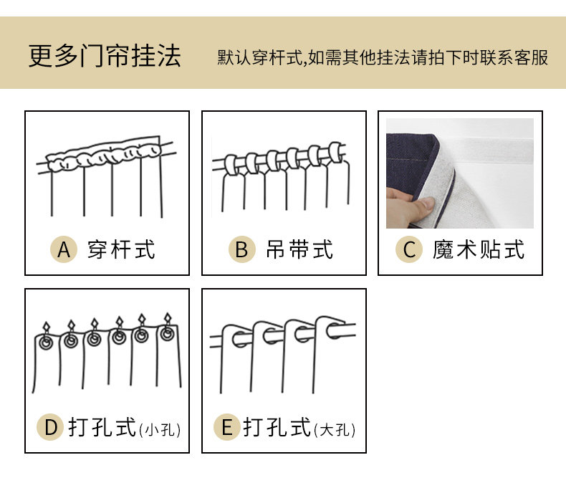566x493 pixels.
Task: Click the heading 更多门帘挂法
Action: click(x=105, y=57)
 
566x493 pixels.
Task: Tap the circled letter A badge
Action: click(x=64, y=249)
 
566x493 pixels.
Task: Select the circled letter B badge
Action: click(x=241, y=249)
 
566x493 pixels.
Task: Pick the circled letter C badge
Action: click(x=409, y=249)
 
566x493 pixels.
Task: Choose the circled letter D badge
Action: click(x=50, y=428)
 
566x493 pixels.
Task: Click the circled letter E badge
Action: click(x=227, y=428)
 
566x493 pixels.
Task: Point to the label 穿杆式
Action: click(x=121, y=249)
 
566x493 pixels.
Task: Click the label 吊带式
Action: click(x=299, y=249)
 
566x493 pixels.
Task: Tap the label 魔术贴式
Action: click(x=479, y=249)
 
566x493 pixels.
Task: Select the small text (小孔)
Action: click(x=160, y=430)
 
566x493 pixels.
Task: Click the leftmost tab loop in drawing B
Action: click(x=229, y=164)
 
